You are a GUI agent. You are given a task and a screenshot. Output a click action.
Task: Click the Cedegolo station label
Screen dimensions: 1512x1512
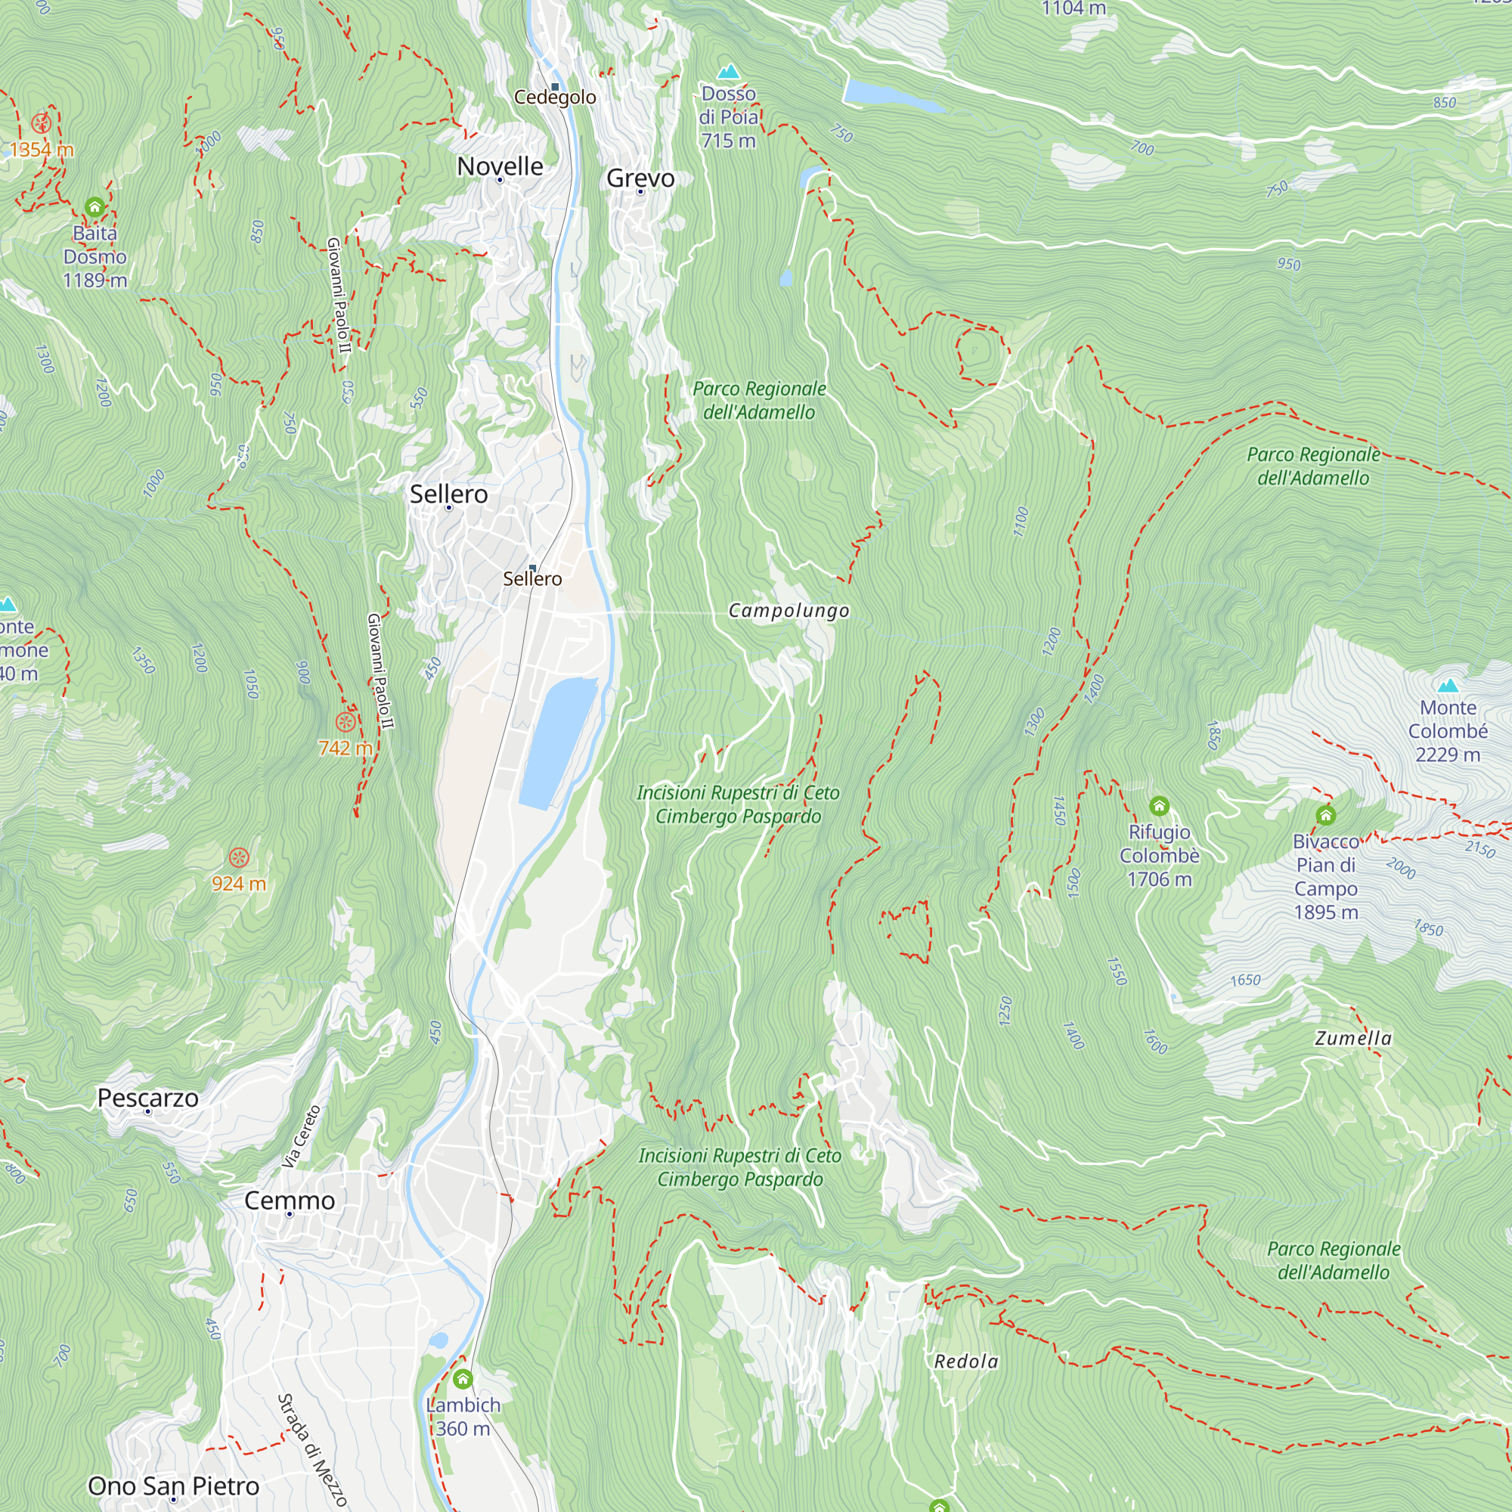(555, 97)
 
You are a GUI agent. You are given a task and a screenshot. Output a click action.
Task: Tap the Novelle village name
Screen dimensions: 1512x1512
(500, 166)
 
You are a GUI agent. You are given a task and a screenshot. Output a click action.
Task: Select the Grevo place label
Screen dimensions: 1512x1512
(640, 178)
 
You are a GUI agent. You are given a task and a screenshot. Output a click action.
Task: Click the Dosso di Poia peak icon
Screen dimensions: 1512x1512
(729, 72)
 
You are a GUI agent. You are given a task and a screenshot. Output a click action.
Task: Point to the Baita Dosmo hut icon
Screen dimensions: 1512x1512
(94, 207)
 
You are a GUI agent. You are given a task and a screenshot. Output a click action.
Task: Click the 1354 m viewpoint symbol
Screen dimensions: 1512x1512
(41, 124)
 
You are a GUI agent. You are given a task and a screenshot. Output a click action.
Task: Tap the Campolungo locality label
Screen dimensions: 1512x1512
(788, 610)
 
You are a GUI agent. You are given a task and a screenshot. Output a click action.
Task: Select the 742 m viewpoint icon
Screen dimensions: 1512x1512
(345, 721)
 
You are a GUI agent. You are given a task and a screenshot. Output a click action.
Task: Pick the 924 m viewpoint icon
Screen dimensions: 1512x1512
(239, 858)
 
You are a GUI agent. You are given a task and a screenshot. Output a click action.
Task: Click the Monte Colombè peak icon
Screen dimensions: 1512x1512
(1448, 686)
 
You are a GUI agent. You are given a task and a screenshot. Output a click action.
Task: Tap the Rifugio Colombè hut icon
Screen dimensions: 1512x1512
(1159, 805)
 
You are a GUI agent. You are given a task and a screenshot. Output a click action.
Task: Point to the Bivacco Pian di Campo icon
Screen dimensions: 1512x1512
(1325, 816)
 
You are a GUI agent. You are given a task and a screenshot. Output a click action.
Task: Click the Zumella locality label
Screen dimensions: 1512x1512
(1353, 1039)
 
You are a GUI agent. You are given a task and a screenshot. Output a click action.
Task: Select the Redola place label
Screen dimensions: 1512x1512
(965, 1362)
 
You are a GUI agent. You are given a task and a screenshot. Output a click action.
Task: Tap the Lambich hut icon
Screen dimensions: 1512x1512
(463, 1379)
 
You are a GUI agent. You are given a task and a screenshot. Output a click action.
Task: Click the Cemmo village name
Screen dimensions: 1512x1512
(290, 1201)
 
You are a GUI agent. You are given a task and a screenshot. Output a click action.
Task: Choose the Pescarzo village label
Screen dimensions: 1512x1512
(148, 1098)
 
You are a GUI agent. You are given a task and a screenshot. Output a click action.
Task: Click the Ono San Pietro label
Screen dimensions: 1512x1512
(173, 1486)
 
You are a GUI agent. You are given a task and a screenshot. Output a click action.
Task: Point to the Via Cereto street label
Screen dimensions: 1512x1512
(302, 1136)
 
